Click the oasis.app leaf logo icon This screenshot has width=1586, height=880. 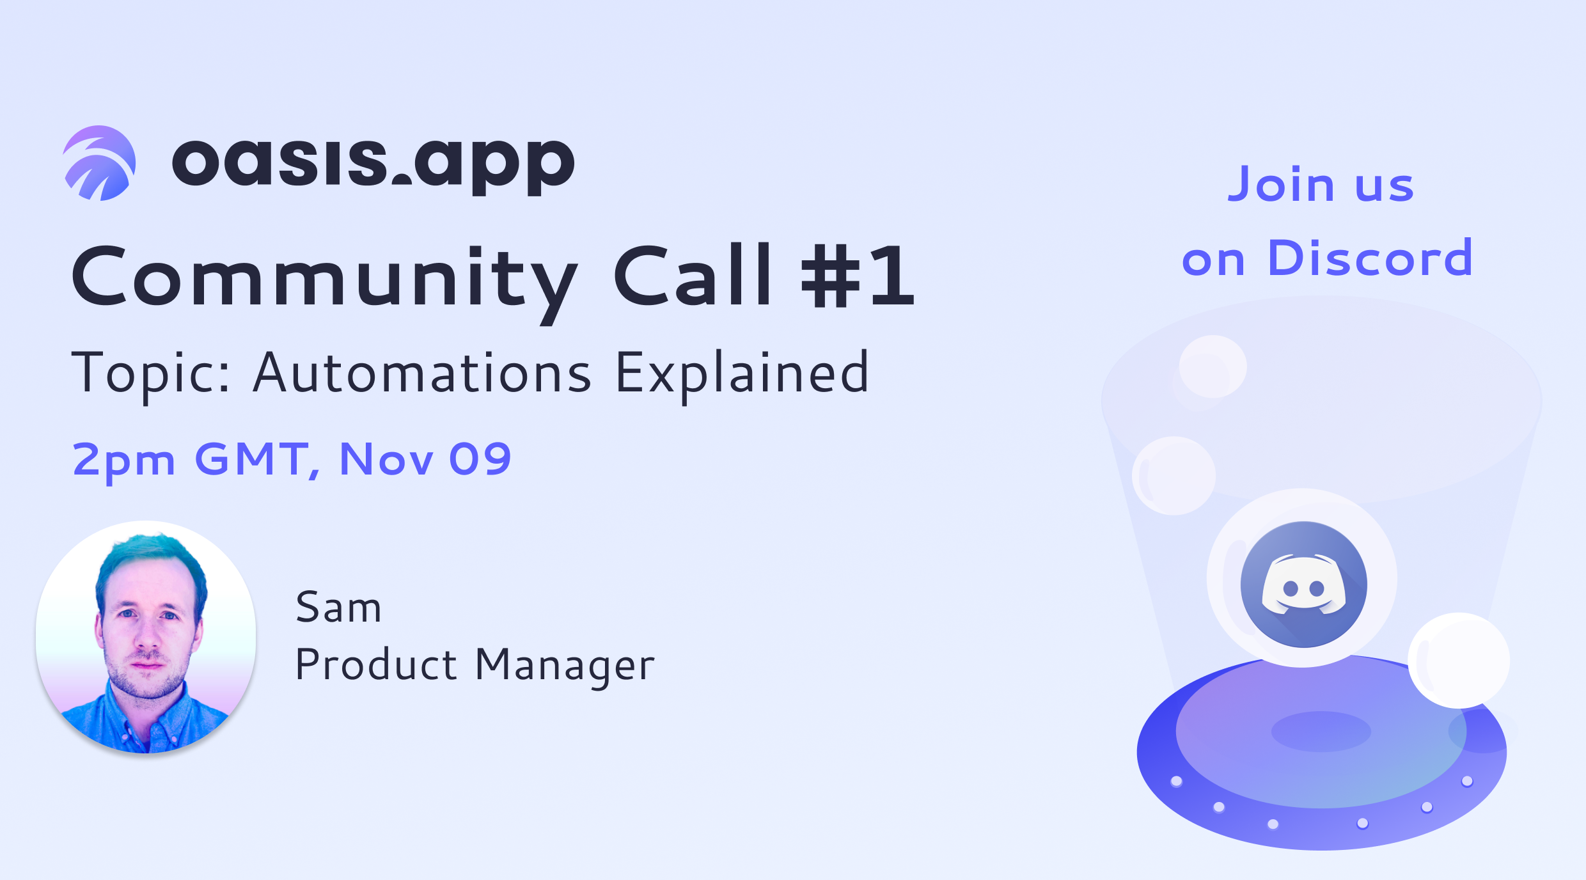tap(100, 163)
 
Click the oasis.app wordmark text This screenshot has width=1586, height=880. tap(373, 164)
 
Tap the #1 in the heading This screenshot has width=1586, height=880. tap(858, 276)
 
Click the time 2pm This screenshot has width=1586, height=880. tap(124, 462)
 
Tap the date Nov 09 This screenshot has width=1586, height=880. tap(425, 459)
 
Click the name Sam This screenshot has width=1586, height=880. tap(338, 607)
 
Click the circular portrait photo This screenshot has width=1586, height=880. tap(146, 637)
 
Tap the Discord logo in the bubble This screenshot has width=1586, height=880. tap(1304, 585)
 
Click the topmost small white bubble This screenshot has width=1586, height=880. tap(1213, 366)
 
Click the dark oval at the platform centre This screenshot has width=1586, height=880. tap(1321, 732)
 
